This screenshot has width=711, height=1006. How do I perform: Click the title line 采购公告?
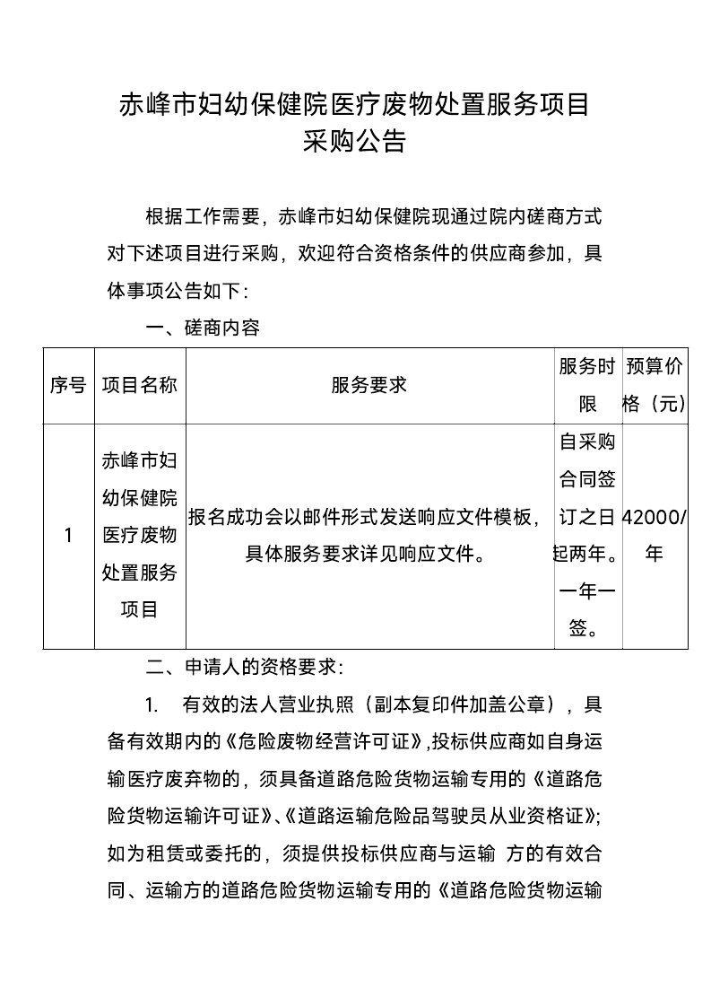pyautogui.click(x=355, y=142)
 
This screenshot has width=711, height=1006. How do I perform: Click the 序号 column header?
pyautogui.click(x=68, y=385)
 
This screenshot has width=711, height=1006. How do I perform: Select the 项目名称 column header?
pyautogui.click(x=139, y=385)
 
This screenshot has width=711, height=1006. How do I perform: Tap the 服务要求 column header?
pyautogui.click(x=369, y=385)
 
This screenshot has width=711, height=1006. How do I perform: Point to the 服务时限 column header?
pyautogui.click(x=587, y=385)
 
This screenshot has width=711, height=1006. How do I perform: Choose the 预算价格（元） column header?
pyautogui.click(x=655, y=385)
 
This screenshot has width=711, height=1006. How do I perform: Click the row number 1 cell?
pyautogui.click(x=68, y=536)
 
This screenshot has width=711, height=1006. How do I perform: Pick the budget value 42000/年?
pyautogui.click(x=655, y=536)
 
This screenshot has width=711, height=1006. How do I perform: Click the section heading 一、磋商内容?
pyautogui.click(x=203, y=328)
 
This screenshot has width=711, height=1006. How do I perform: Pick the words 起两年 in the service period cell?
pyautogui.click(x=577, y=554)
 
